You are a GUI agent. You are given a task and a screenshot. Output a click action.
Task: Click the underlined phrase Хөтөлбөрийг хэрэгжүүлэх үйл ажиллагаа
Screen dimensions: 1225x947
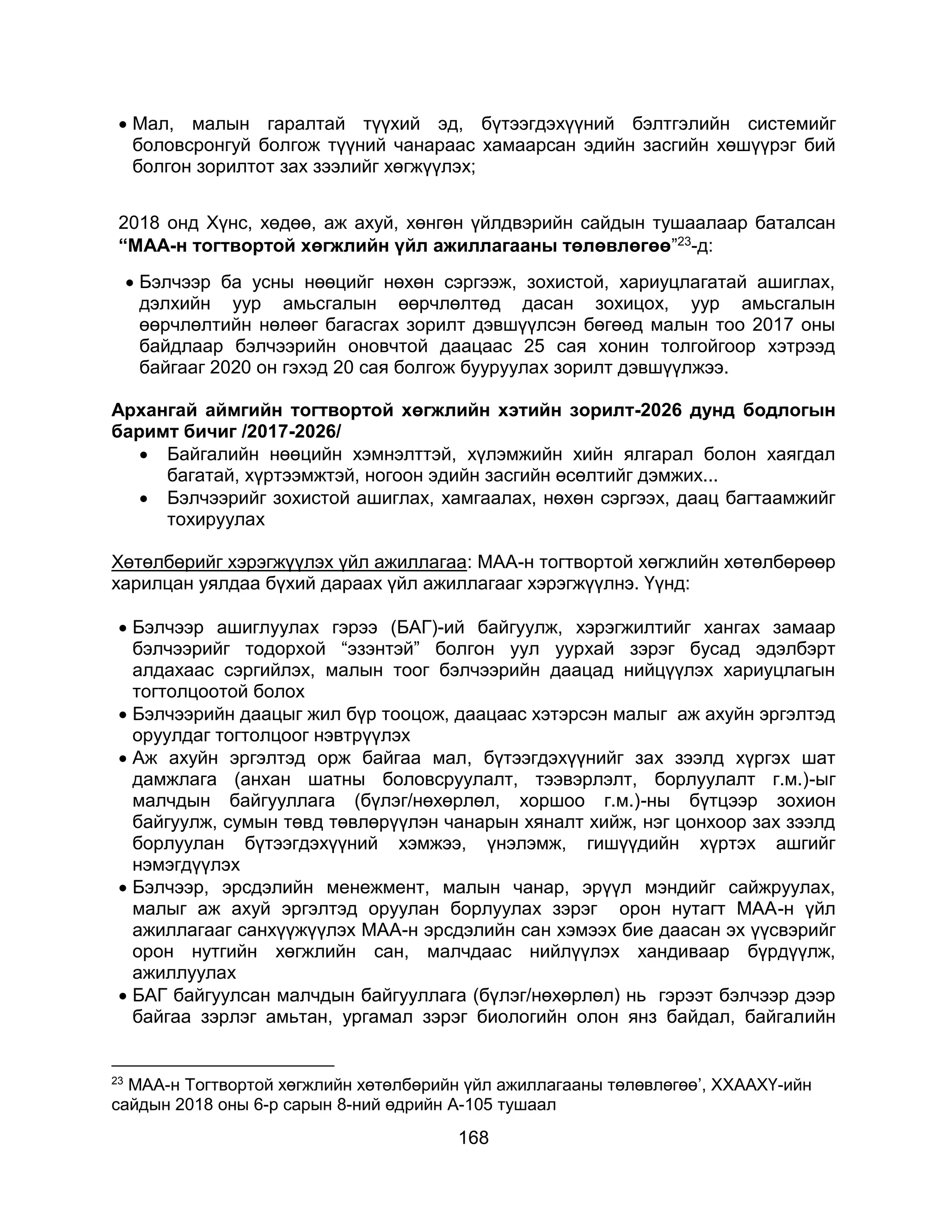click(289, 562)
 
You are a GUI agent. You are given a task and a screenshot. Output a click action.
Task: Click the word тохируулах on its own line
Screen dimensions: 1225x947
click(215, 520)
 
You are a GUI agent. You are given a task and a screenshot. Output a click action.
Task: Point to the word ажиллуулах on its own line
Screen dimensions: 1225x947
click(184, 972)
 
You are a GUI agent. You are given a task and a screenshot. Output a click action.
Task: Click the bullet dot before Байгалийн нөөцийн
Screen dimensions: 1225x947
click(145, 455)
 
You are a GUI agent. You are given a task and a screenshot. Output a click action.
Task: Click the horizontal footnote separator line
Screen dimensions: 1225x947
click(223, 1065)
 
